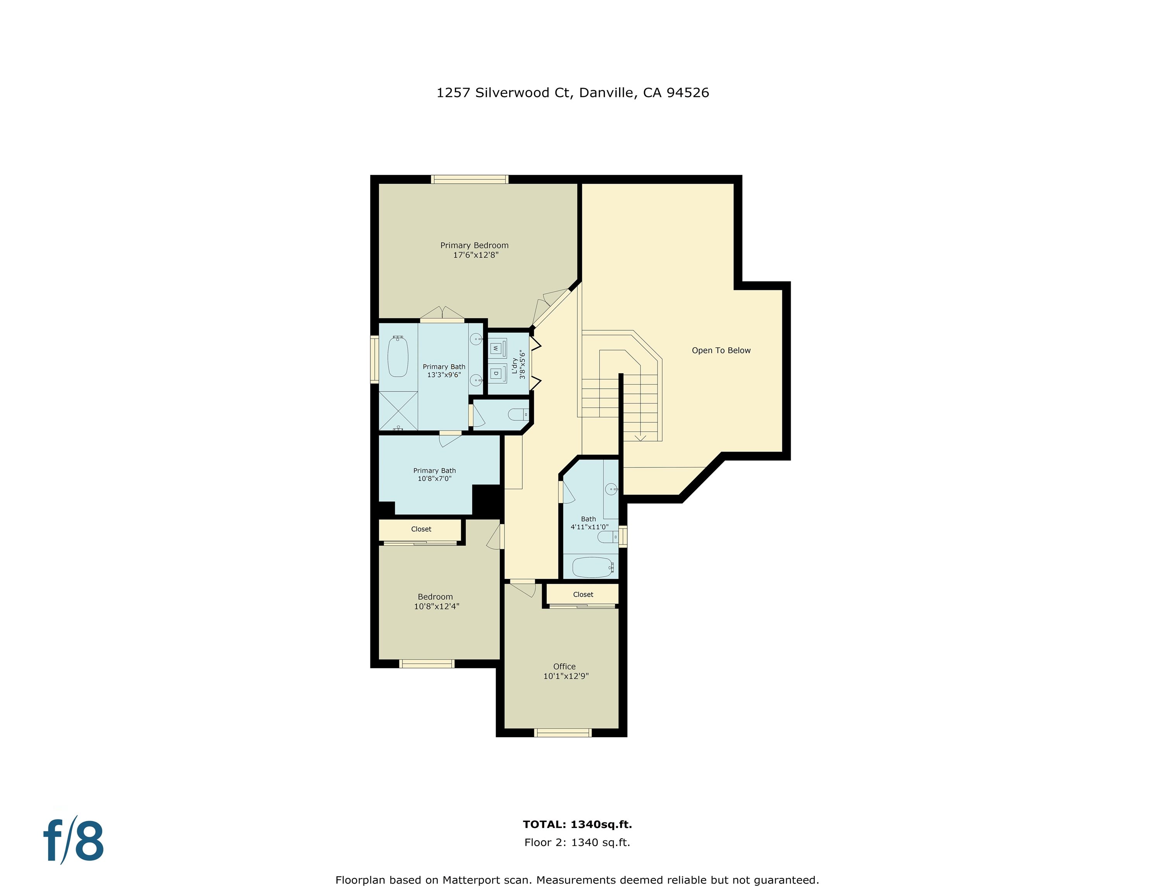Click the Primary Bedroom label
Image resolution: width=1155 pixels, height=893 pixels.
474,245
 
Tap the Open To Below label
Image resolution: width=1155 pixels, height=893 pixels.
721,350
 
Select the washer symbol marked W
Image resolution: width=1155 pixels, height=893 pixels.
496,348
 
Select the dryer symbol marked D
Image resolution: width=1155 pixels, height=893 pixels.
496,374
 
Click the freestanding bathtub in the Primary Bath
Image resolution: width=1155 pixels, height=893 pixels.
398,357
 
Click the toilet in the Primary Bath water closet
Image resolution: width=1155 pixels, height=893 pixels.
517,415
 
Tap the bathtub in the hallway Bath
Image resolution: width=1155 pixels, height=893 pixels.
592,567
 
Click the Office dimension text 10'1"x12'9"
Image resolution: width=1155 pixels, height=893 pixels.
566,676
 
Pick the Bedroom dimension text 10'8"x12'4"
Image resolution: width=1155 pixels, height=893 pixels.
436,606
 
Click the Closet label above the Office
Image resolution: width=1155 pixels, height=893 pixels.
583,595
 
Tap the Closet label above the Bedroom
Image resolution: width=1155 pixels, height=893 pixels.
421,529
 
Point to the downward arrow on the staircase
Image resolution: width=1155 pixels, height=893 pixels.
640,437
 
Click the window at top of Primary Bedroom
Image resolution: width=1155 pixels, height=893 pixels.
470,179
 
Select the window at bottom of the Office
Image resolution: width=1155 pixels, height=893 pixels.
563,733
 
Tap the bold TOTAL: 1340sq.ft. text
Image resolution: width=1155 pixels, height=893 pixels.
577,824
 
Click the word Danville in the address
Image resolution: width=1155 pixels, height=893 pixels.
606,93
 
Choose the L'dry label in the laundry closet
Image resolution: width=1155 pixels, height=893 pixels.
514,365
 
